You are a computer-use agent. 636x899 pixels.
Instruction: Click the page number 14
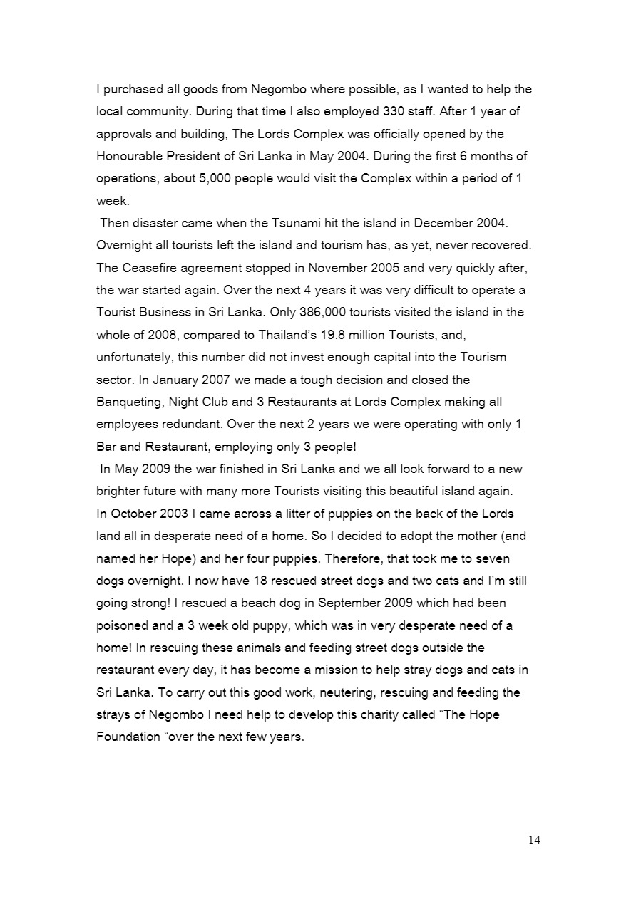click(x=534, y=841)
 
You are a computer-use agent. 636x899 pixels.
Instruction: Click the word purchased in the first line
click(x=132, y=90)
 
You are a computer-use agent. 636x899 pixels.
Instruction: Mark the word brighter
click(x=119, y=491)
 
